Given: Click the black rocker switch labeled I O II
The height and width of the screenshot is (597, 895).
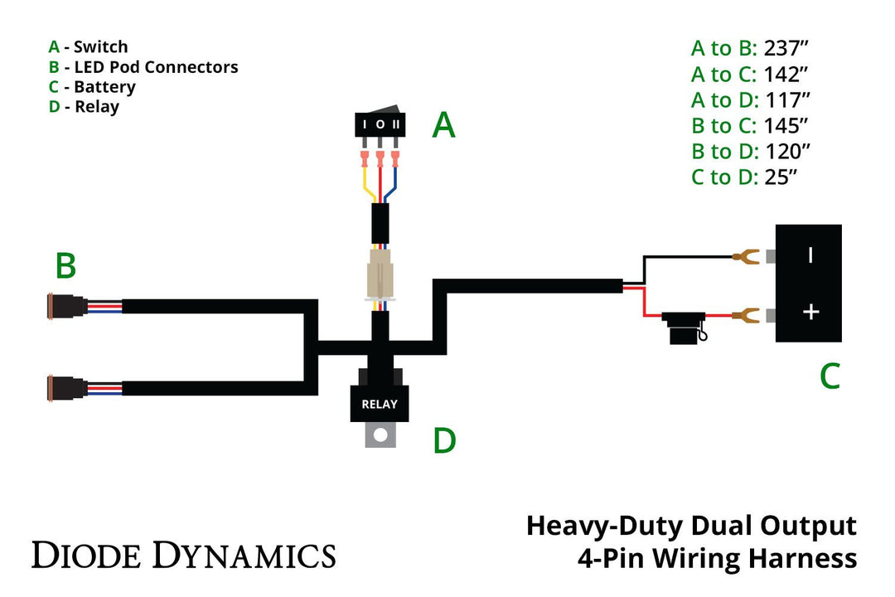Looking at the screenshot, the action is coord(380,124).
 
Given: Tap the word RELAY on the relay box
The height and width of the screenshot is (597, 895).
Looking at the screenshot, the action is coord(380,405).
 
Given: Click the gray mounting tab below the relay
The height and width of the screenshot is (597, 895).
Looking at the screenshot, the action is coord(380,434).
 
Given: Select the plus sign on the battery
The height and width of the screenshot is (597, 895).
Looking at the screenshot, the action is coord(811,312).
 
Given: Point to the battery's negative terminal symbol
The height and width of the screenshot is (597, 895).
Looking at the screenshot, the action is coord(810,255).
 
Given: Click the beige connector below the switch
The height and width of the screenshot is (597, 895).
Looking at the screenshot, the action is coord(380,274).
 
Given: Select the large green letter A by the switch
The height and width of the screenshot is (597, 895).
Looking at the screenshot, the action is coord(444,126).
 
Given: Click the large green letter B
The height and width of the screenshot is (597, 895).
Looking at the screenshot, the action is coord(65,266).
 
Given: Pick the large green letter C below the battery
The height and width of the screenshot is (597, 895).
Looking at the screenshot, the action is coord(830,376).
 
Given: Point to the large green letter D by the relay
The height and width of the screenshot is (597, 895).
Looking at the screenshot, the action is coord(444,441).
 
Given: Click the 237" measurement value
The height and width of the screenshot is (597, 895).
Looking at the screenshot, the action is coord(786,48).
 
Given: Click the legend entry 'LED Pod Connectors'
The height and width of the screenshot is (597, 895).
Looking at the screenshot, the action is coord(156,67).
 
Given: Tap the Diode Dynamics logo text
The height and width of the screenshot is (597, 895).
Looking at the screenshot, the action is coord(183,554).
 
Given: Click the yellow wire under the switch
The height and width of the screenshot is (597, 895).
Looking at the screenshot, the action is coord(365,182).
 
